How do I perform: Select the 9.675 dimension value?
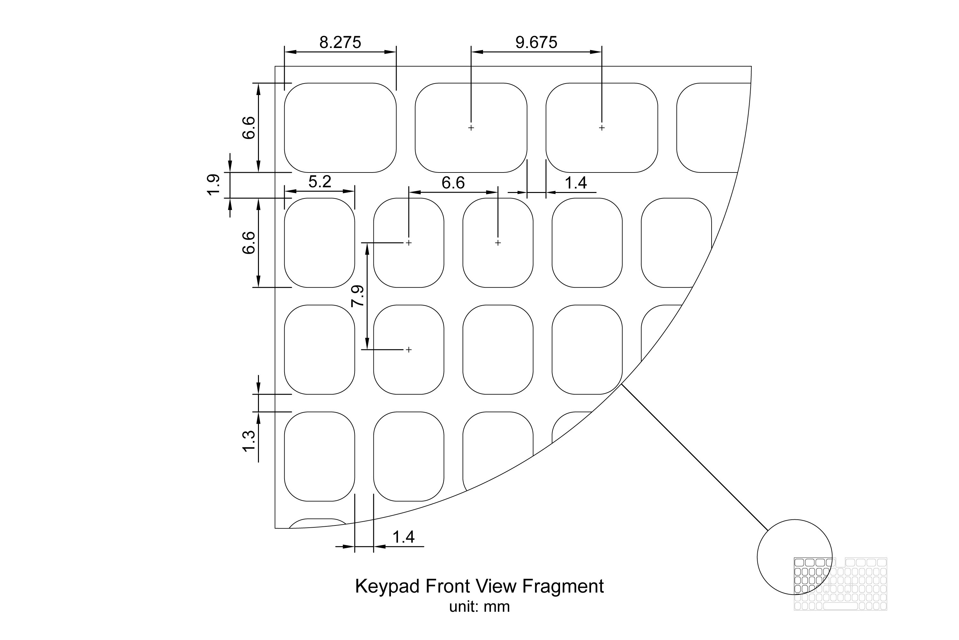[536, 43]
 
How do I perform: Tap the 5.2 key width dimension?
[320, 182]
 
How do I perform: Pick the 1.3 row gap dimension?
[249, 441]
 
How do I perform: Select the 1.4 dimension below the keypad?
[403, 537]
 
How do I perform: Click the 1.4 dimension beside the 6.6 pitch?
[575, 183]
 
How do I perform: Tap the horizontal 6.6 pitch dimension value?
[453, 183]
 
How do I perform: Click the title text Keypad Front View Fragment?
[479, 586]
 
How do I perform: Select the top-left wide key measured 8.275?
[340, 128]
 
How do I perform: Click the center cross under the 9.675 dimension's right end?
[601, 128]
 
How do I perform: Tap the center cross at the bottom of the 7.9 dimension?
[409, 350]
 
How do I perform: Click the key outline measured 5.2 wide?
[319, 243]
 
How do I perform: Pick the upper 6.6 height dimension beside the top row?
[249, 128]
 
